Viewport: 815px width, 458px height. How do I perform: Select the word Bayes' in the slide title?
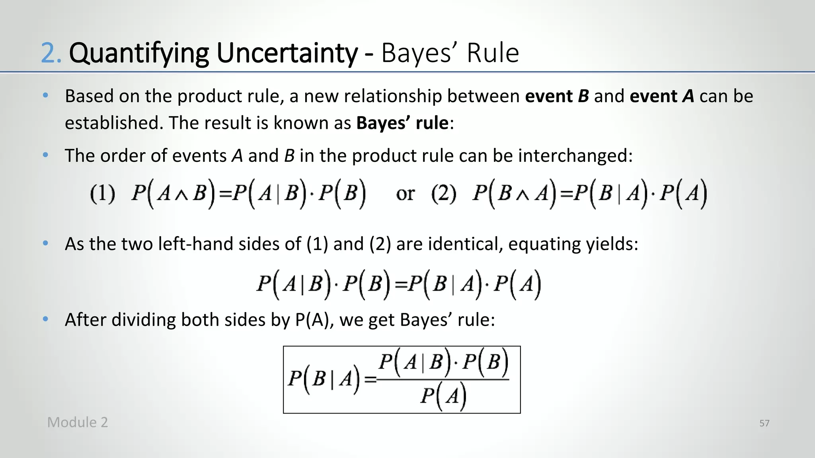pos(420,53)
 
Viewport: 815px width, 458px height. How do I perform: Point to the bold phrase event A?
pos(662,96)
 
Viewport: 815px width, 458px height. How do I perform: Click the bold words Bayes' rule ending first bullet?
pos(402,123)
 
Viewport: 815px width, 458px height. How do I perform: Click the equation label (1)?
pos(102,194)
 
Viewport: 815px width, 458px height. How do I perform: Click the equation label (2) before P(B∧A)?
pos(443,194)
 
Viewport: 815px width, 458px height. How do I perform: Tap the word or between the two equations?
pos(405,194)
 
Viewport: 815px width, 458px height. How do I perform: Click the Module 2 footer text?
pos(78,422)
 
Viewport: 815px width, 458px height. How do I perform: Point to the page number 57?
pos(764,423)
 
